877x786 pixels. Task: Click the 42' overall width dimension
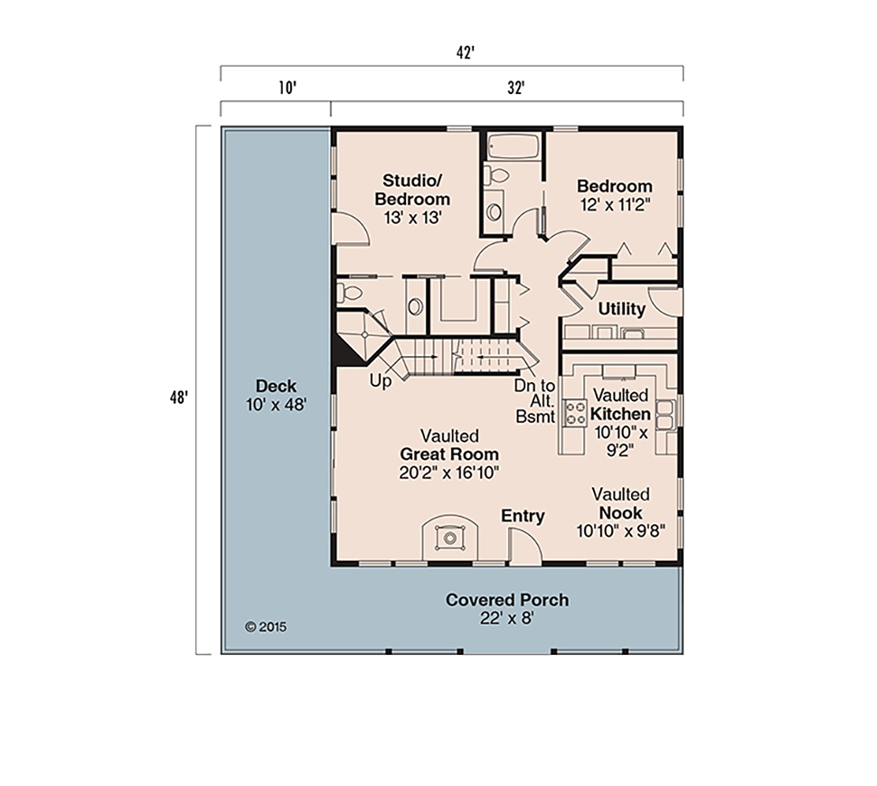tap(466, 52)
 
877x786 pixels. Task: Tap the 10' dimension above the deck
tap(287, 88)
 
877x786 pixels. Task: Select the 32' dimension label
tap(515, 88)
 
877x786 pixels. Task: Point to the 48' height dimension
tap(179, 398)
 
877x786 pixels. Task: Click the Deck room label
tap(277, 395)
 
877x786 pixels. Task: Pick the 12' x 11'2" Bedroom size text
tap(615, 205)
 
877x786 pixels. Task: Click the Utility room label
tap(622, 309)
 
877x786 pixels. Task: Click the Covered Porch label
tap(507, 600)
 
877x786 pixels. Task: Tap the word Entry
tap(523, 516)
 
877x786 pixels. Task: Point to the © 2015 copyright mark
tap(266, 627)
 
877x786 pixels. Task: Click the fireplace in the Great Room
tap(449, 538)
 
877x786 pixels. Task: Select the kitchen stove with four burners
tap(574, 413)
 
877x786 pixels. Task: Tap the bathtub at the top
tap(513, 147)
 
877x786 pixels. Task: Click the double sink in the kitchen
tap(665, 415)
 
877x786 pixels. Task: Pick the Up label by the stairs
tap(381, 382)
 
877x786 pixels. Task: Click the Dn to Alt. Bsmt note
tap(535, 401)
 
